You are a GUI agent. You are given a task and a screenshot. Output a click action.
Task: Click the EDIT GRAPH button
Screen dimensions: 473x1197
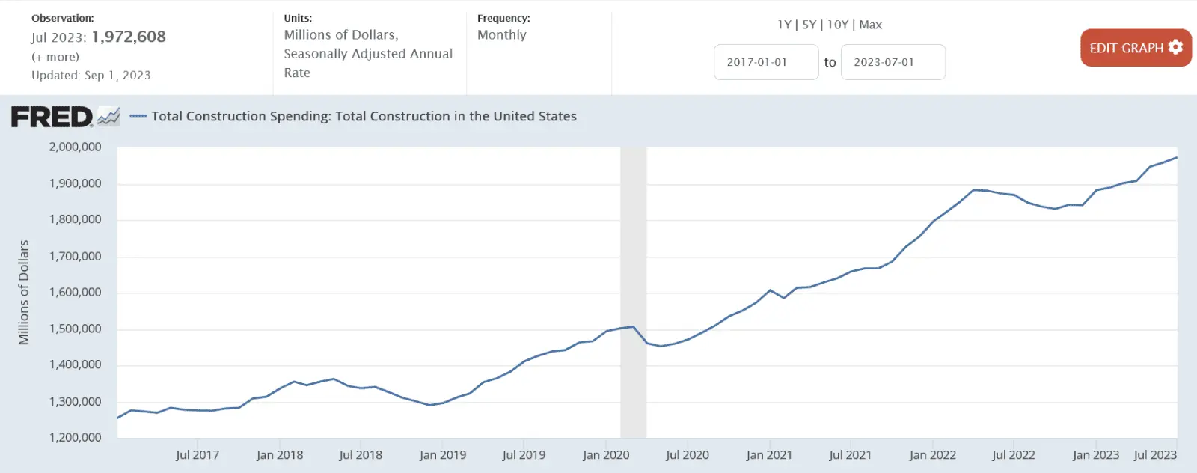point(1135,48)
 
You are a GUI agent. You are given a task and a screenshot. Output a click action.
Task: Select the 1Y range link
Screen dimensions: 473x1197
point(784,25)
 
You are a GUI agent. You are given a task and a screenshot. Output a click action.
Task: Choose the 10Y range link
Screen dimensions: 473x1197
point(837,25)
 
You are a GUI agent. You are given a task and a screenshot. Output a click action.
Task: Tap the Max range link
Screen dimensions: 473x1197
point(871,25)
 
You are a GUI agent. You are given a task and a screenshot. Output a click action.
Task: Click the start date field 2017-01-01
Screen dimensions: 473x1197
point(765,62)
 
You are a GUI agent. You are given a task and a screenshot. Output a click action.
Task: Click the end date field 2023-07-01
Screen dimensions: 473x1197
point(893,62)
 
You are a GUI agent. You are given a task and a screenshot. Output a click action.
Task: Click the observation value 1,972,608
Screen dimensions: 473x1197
point(129,37)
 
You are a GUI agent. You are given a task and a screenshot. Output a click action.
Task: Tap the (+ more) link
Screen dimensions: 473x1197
point(55,57)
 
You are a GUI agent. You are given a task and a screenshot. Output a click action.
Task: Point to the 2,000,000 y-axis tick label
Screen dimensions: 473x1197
point(75,147)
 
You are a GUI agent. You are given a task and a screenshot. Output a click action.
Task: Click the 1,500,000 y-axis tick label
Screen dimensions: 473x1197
point(75,329)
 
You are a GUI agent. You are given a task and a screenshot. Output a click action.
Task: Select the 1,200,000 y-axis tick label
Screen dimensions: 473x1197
point(75,437)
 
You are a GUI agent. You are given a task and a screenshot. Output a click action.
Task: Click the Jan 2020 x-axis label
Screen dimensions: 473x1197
point(606,455)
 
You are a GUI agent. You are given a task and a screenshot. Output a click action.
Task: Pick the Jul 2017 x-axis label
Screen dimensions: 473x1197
point(198,455)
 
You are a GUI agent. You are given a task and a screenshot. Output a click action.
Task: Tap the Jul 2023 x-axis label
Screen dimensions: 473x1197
point(1155,455)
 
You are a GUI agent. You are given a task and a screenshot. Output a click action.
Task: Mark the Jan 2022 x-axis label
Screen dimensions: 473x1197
point(932,455)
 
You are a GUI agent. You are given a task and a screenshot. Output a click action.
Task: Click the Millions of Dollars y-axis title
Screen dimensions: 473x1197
point(24,292)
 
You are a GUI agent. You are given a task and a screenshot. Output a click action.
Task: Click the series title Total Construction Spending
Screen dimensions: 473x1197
point(364,116)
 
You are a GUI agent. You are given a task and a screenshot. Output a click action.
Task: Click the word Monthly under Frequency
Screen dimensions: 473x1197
point(502,35)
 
